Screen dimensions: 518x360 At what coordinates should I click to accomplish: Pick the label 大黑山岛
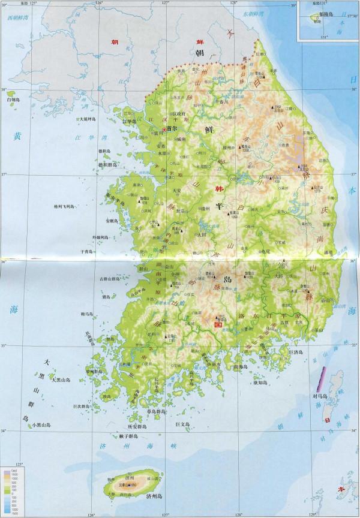pos(62,379)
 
